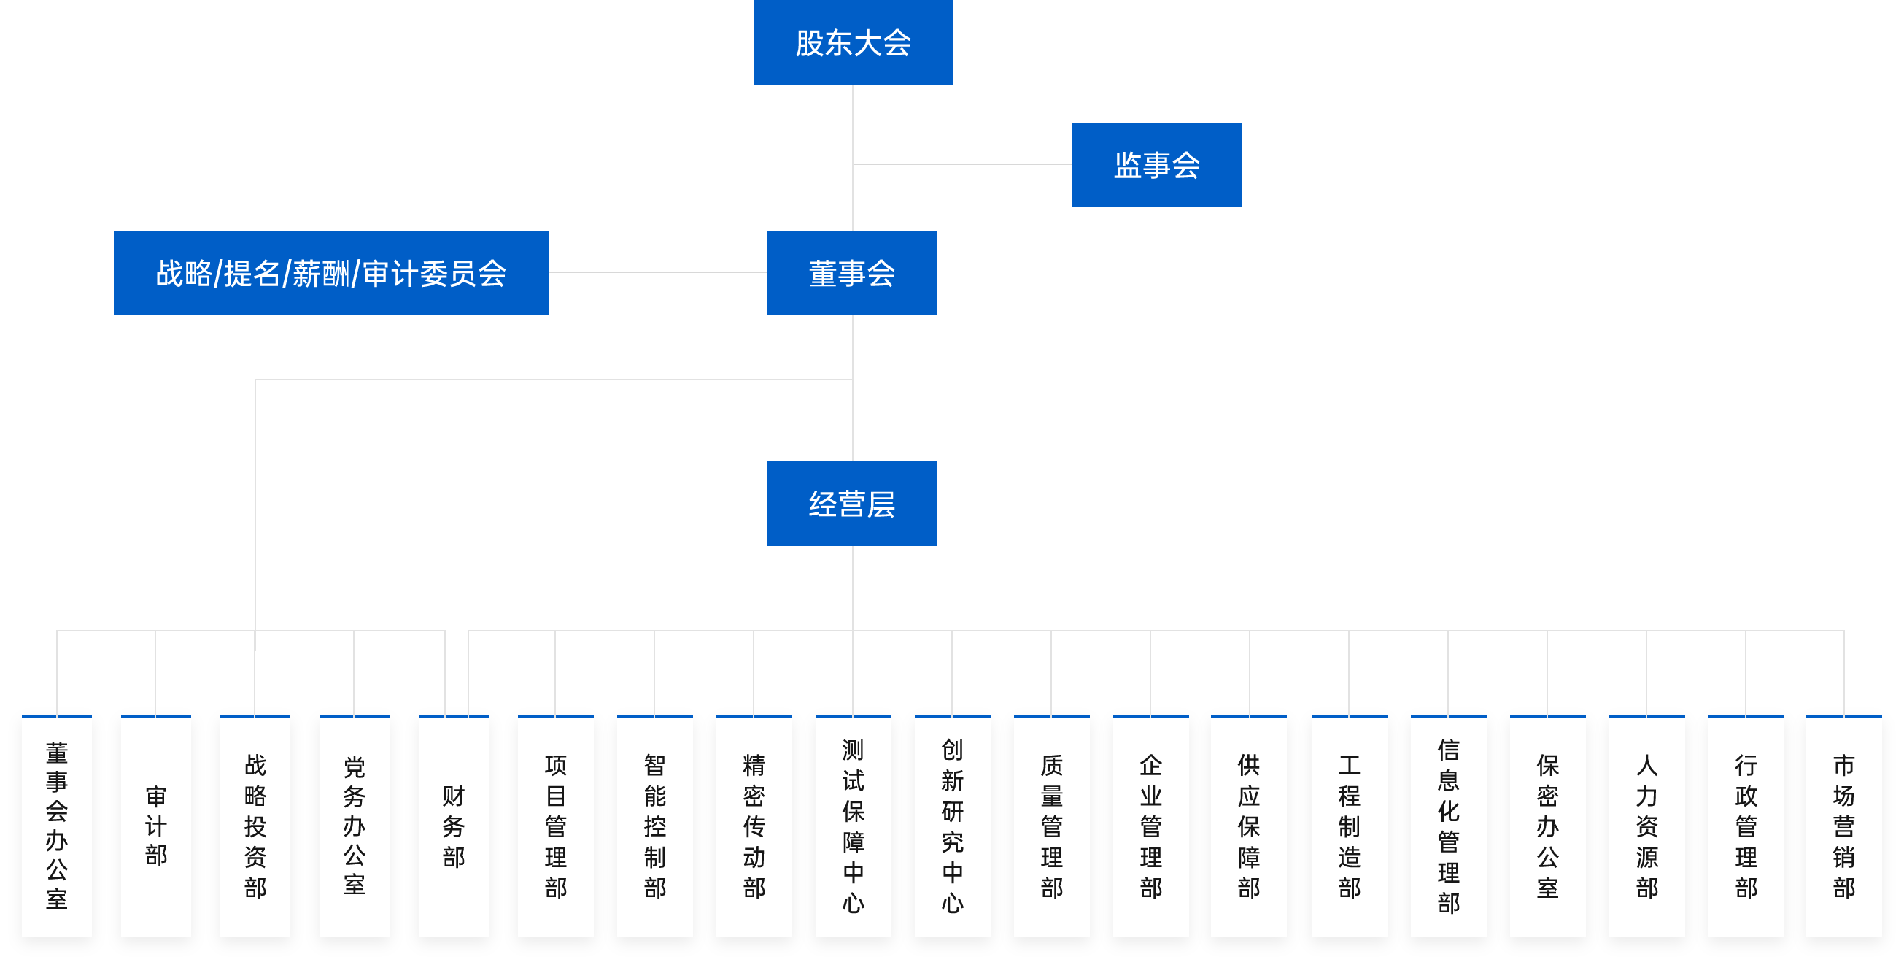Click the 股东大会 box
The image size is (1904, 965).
coord(853,42)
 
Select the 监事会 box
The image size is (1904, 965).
coord(1156,165)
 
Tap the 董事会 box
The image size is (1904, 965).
coord(851,273)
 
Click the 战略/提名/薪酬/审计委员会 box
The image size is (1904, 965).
coord(330,273)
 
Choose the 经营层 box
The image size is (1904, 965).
coord(851,504)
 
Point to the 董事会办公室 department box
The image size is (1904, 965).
coord(57,826)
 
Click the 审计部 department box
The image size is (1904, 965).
coord(156,826)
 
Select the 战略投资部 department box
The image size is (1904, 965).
coord(255,826)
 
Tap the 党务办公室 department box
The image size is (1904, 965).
coord(354,826)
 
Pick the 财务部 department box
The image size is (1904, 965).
coord(453,826)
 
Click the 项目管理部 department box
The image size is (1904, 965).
coord(555,826)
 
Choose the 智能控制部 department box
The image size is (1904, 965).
coord(654,826)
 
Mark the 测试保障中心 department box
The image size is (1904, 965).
coord(853,826)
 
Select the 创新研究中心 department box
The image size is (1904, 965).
coord(952,826)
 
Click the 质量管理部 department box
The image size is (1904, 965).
coord(1051,826)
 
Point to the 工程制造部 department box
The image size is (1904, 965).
coord(1349,826)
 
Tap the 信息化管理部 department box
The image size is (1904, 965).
coord(1448,826)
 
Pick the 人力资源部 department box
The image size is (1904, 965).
coord(1646,826)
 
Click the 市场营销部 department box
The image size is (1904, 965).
coord(1843,826)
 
